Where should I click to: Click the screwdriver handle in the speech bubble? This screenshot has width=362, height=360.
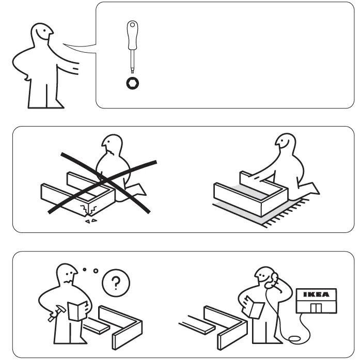click(x=133, y=35)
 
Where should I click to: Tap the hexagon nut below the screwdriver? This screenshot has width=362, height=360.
click(x=133, y=83)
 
